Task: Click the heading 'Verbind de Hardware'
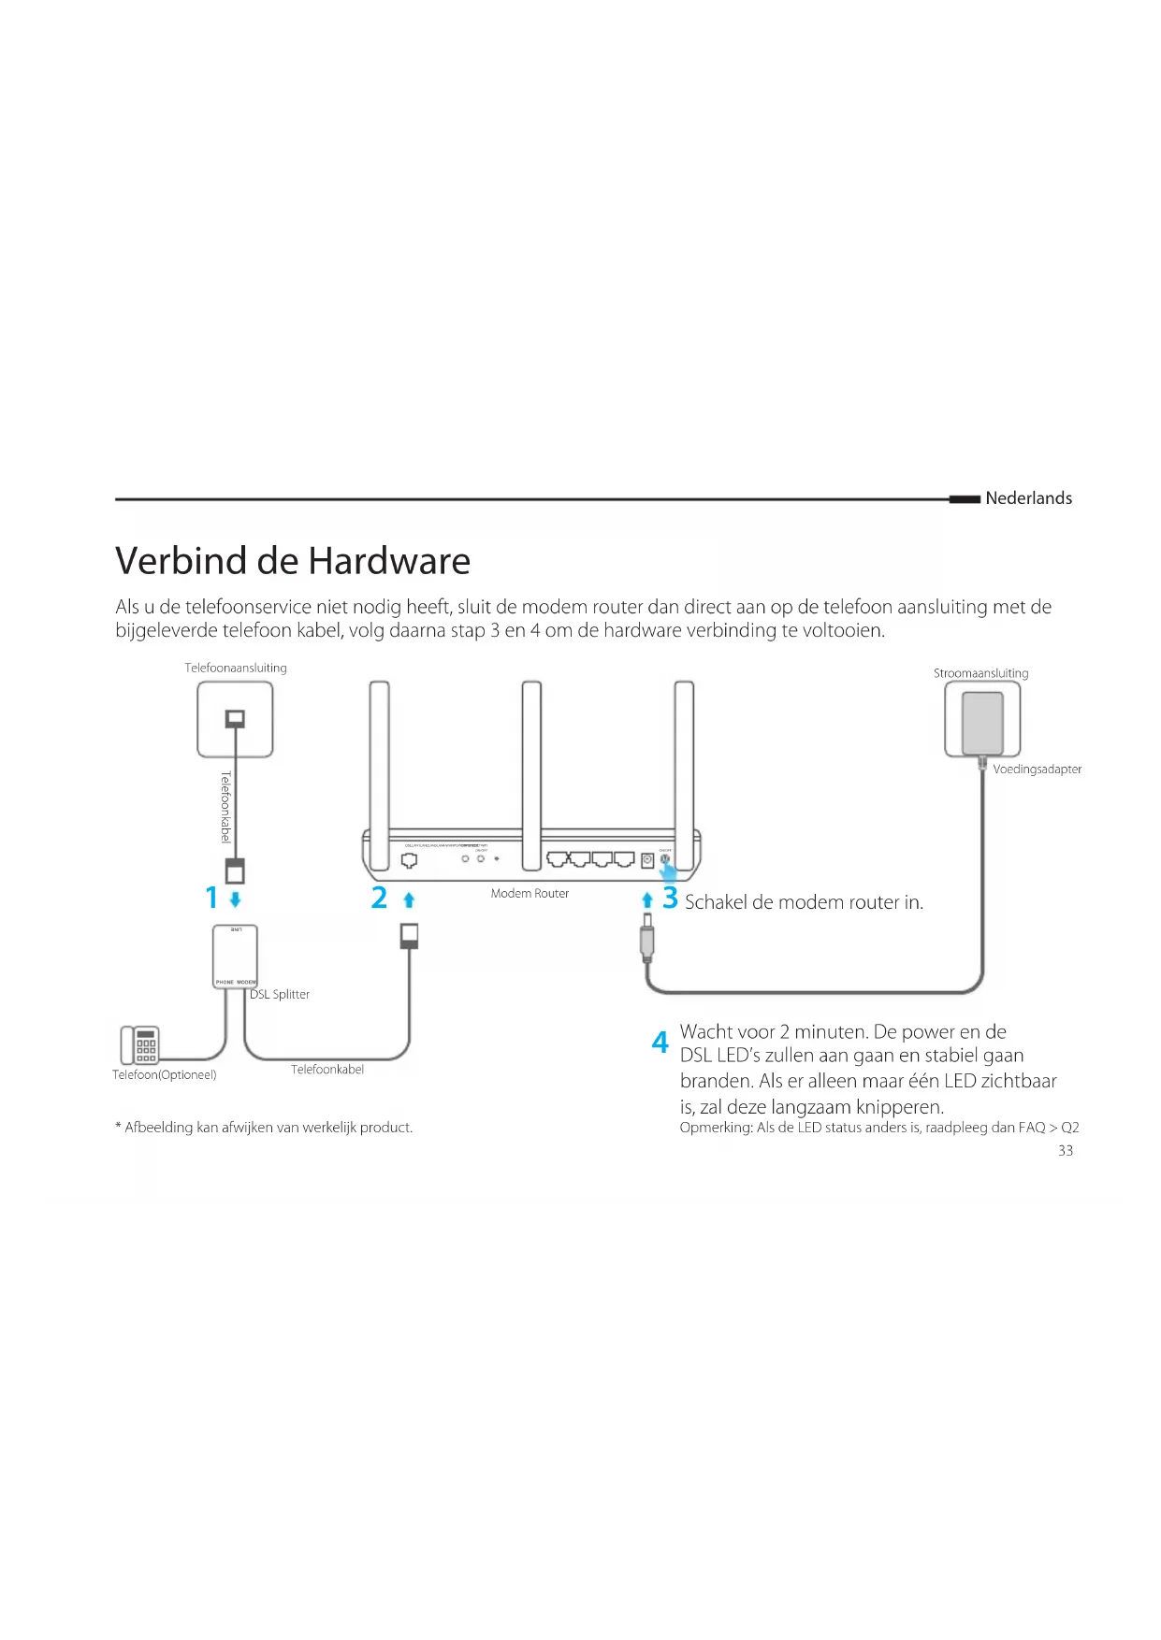point(293,561)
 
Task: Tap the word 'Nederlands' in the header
point(1028,498)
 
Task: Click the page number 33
point(1066,1151)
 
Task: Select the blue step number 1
point(211,899)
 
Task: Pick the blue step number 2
point(379,899)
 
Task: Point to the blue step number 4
point(660,1043)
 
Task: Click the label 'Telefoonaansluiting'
point(236,668)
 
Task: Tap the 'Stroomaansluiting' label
point(980,673)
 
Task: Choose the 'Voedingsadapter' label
point(1037,770)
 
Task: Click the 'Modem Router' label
point(530,894)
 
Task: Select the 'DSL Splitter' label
point(280,995)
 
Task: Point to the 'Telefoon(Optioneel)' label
point(165,1075)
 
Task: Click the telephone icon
point(140,1044)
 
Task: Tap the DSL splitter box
point(235,957)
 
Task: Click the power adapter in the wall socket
point(982,722)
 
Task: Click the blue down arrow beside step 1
point(235,899)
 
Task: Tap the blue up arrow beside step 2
point(408,900)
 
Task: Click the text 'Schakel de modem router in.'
point(804,902)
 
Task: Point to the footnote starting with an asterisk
point(264,1128)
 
